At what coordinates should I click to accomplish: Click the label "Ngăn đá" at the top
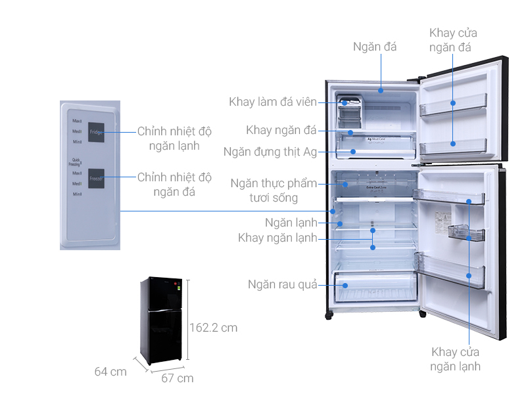[375, 47]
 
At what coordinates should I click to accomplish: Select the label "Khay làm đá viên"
[273, 102]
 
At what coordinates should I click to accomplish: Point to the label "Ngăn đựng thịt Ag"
[270, 152]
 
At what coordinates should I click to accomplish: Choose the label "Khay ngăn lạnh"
[277, 238]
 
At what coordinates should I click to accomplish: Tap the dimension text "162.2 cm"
[213, 327]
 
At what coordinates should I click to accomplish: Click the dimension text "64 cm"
[110, 372]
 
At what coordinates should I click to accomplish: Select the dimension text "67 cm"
[178, 378]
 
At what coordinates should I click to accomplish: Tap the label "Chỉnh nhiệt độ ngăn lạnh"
[174, 139]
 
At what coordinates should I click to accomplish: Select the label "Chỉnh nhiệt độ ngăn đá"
[174, 185]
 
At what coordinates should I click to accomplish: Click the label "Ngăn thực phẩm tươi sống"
[274, 190]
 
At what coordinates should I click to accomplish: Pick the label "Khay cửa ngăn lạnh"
[456, 359]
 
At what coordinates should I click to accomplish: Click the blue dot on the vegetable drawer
[343, 285]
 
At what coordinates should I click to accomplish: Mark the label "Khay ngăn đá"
[281, 130]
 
